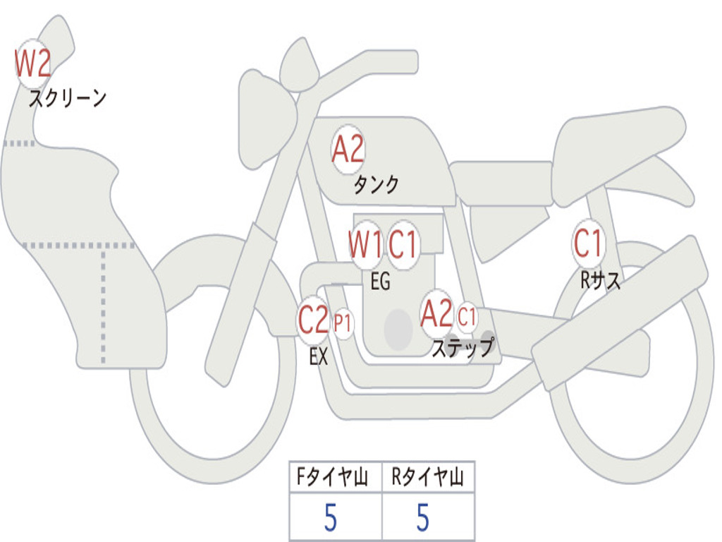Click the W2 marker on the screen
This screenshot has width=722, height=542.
pyautogui.click(x=32, y=63)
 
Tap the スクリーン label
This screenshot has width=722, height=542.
pyautogui.click(x=68, y=98)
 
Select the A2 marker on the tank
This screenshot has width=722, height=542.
pyautogui.click(x=348, y=150)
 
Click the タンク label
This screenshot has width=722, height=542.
pyautogui.click(x=376, y=184)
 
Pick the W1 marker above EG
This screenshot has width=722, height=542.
pyautogui.click(x=366, y=244)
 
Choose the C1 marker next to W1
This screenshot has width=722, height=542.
pyautogui.click(x=403, y=244)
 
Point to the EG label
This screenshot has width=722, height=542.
pyautogui.click(x=380, y=281)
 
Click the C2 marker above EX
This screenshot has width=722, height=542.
pyautogui.click(x=313, y=320)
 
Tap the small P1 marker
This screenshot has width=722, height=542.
pyautogui.click(x=343, y=323)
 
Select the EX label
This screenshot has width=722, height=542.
pyautogui.click(x=319, y=356)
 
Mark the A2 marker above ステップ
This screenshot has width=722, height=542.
pyautogui.click(x=436, y=314)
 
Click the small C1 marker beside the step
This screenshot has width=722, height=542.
pyautogui.click(x=467, y=317)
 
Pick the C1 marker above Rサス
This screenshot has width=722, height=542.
pyautogui.click(x=588, y=243)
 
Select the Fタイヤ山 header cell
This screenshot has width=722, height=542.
pyautogui.click(x=336, y=476)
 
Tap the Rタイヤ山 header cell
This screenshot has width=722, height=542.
pyautogui.click(x=428, y=476)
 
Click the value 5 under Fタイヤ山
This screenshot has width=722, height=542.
pyautogui.click(x=331, y=517)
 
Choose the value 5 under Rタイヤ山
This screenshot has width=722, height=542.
pyautogui.click(x=423, y=517)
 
